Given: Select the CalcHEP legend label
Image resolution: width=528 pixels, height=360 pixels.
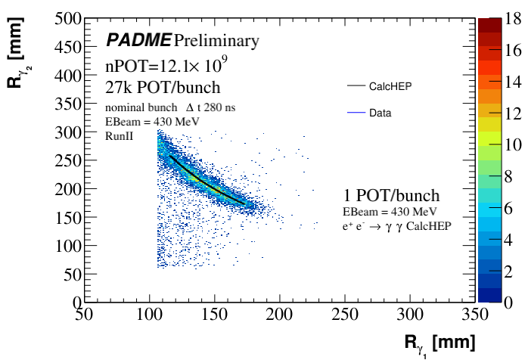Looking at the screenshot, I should (390, 87).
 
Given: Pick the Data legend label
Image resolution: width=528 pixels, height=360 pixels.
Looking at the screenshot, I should (380, 113).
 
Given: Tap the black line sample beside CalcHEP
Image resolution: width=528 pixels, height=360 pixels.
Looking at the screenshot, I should (355, 87).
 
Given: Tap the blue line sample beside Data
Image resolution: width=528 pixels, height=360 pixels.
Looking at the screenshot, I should (355, 113).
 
